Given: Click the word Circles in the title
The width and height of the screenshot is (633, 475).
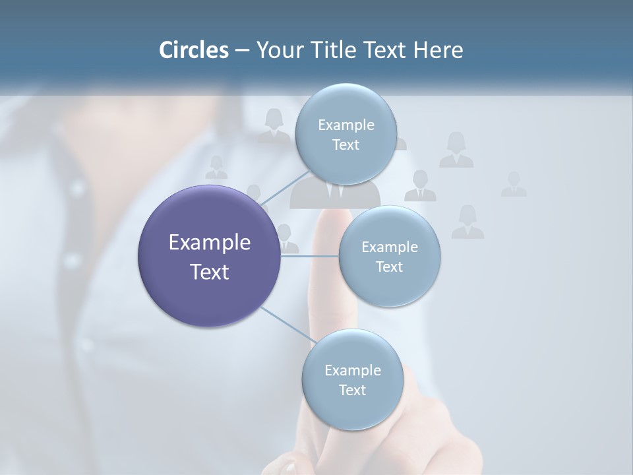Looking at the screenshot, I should click(x=193, y=50).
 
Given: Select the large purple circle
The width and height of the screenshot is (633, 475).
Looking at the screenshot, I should click(x=210, y=256).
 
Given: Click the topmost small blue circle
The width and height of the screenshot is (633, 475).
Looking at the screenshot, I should click(x=346, y=134).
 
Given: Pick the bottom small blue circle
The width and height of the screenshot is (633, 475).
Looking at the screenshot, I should click(x=352, y=379).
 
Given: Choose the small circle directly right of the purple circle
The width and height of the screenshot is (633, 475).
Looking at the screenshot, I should click(x=389, y=256).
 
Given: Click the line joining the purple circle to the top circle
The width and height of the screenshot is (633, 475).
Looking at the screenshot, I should click(x=284, y=188).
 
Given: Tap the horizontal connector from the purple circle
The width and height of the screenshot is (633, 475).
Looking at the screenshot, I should click(x=309, y=256).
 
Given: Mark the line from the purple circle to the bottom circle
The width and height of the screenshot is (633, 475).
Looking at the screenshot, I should click(x=287, y=325).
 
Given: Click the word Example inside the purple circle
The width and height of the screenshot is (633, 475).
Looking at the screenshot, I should click(x=210, y=243).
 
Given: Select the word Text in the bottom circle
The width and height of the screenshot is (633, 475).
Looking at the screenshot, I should click(x=352, y=390).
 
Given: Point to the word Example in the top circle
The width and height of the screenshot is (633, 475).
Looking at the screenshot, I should click(x=346, y=125).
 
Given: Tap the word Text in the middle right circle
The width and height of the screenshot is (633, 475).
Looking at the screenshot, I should click(x=389, y=267).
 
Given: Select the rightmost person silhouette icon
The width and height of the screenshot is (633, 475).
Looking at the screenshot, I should click(x=514, y=184).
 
